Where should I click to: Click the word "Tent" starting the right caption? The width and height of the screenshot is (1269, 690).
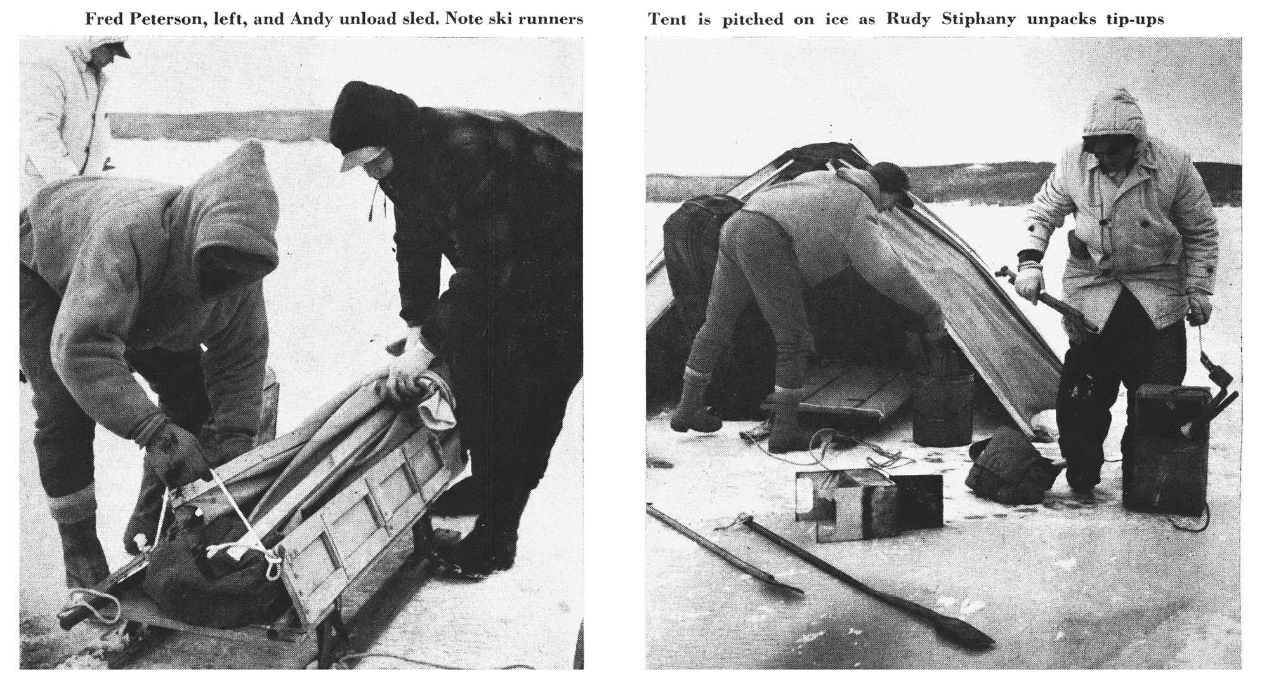point(668,19)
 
